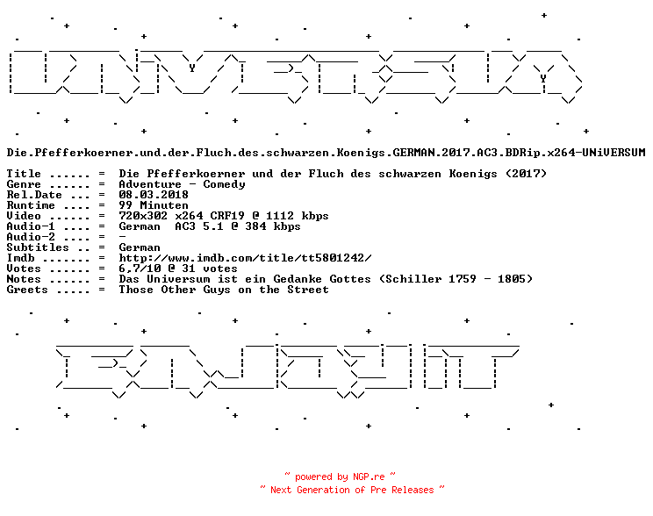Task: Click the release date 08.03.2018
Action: point(154,195)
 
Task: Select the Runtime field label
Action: point(31,205)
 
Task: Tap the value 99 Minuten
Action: point(154,205)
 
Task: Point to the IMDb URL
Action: point(245,258)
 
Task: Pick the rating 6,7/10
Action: point(140,269)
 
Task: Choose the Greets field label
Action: point(27,290)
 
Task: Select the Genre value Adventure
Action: point(150,184)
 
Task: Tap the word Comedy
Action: point(224,184)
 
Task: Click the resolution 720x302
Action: point(143,216)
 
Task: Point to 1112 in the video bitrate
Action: point(280,216)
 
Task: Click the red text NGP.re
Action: point(369,477)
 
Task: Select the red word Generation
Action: point(323,491)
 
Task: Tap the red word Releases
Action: point(413,491)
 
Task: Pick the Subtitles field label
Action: point(38,247)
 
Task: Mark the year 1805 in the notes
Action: point(512,279)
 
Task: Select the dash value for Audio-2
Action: point(122,237)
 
